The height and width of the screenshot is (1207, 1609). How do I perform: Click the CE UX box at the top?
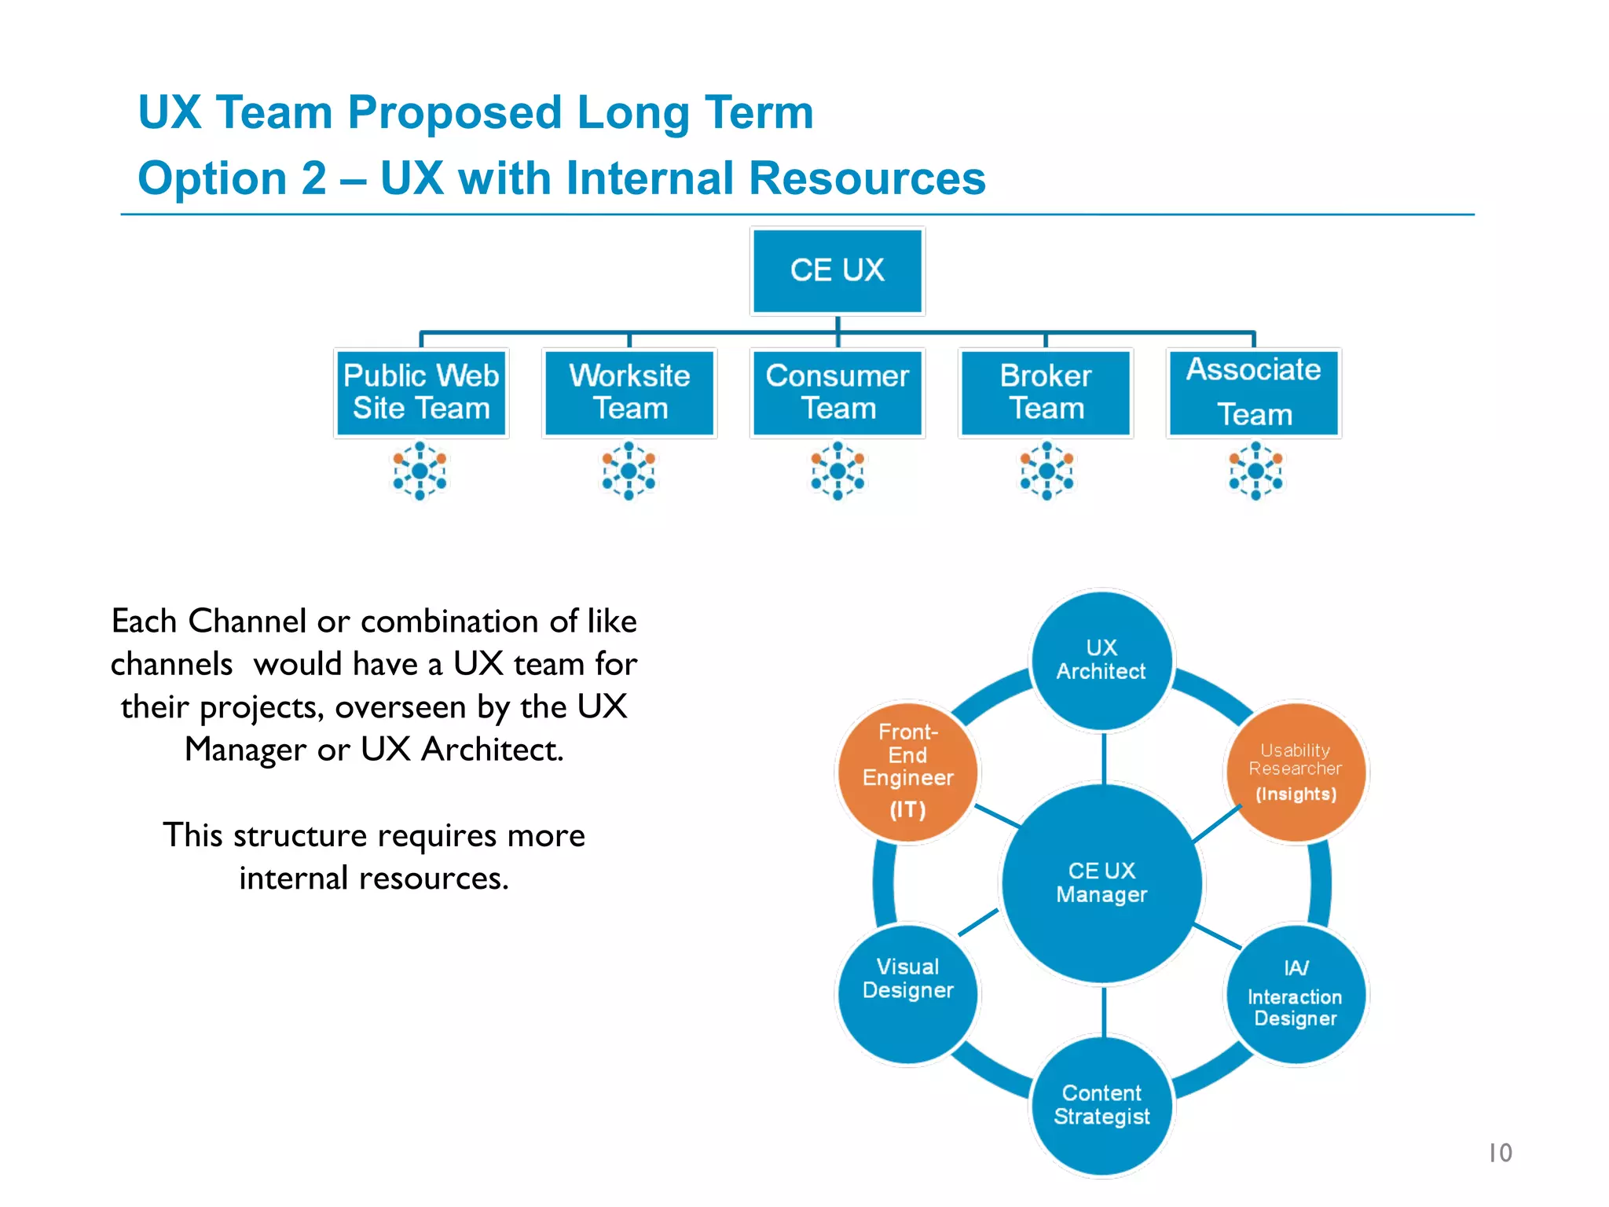837,270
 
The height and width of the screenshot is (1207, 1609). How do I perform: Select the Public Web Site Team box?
421,392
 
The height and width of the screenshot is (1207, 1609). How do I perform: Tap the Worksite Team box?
629,392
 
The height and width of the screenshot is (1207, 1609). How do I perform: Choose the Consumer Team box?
837,392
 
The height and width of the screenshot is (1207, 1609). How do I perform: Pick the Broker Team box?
1046,392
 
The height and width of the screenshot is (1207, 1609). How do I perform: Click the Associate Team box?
1254,392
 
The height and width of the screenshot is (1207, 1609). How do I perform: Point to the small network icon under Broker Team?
1046,471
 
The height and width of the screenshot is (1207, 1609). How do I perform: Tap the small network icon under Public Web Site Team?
420,471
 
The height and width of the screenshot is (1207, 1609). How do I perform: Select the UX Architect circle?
1101,660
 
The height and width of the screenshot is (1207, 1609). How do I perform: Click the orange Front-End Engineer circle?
907,771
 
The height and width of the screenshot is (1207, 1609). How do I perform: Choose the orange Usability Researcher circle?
1296,771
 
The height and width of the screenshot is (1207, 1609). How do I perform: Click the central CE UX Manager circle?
1102,882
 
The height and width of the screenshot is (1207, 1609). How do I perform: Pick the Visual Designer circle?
907,994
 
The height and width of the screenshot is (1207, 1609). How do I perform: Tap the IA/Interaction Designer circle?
1296,995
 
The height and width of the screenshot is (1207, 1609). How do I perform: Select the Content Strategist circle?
1101,1106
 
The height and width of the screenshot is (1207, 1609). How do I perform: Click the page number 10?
1500,1153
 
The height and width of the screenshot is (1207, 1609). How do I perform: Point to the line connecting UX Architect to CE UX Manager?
1104,758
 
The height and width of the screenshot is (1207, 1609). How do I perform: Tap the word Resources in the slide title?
867,178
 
